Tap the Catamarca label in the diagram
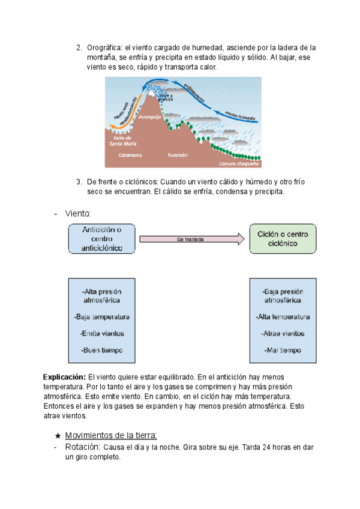[x=130, y=155]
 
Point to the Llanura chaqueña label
[x=239, y=163]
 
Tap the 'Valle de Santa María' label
[x=122, y=140]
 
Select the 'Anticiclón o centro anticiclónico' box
[x=103, y=238]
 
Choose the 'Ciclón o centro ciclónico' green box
[x=283, y=238]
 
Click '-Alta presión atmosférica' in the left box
[x=103, y=295]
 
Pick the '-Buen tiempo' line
[x=103, y=349]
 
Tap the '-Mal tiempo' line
[x=283, y=350]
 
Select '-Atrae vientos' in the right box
[x=283, y=333]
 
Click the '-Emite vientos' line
[x=103, y=333]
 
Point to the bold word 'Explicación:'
[x=64, y=377]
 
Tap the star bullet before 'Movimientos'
[x=58, y=435]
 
